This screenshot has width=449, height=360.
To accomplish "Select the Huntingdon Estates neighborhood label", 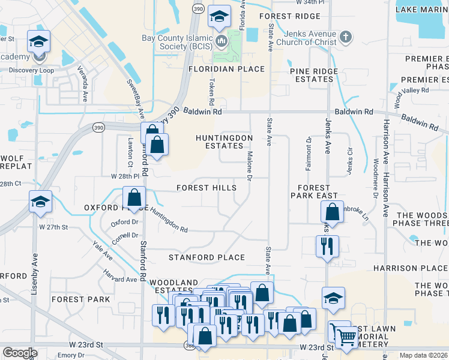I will click(224, 142).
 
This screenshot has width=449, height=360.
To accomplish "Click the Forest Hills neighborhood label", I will click(206, 188).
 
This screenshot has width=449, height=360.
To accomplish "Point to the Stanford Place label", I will click(206, 257).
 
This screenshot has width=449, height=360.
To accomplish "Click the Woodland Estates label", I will click(173, 286).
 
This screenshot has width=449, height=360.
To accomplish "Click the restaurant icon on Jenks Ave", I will click(328, 246).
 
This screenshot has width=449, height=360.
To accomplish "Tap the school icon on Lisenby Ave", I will click(40, 202).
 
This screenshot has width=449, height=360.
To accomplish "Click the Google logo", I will click(20, 353).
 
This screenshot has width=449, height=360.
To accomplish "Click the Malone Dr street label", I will click(249, 164).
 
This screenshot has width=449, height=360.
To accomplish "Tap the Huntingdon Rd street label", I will click(169, 220).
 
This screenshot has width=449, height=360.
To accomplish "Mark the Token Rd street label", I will click(211, 90).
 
